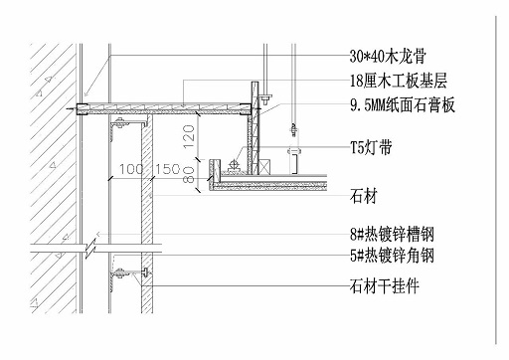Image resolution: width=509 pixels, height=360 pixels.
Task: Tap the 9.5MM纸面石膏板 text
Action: [403, 104]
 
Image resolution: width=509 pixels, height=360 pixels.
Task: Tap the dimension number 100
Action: [132, 170]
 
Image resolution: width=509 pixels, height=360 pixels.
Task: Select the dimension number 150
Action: [169, 170]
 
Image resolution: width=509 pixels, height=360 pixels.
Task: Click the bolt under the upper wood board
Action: [120, 122]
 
